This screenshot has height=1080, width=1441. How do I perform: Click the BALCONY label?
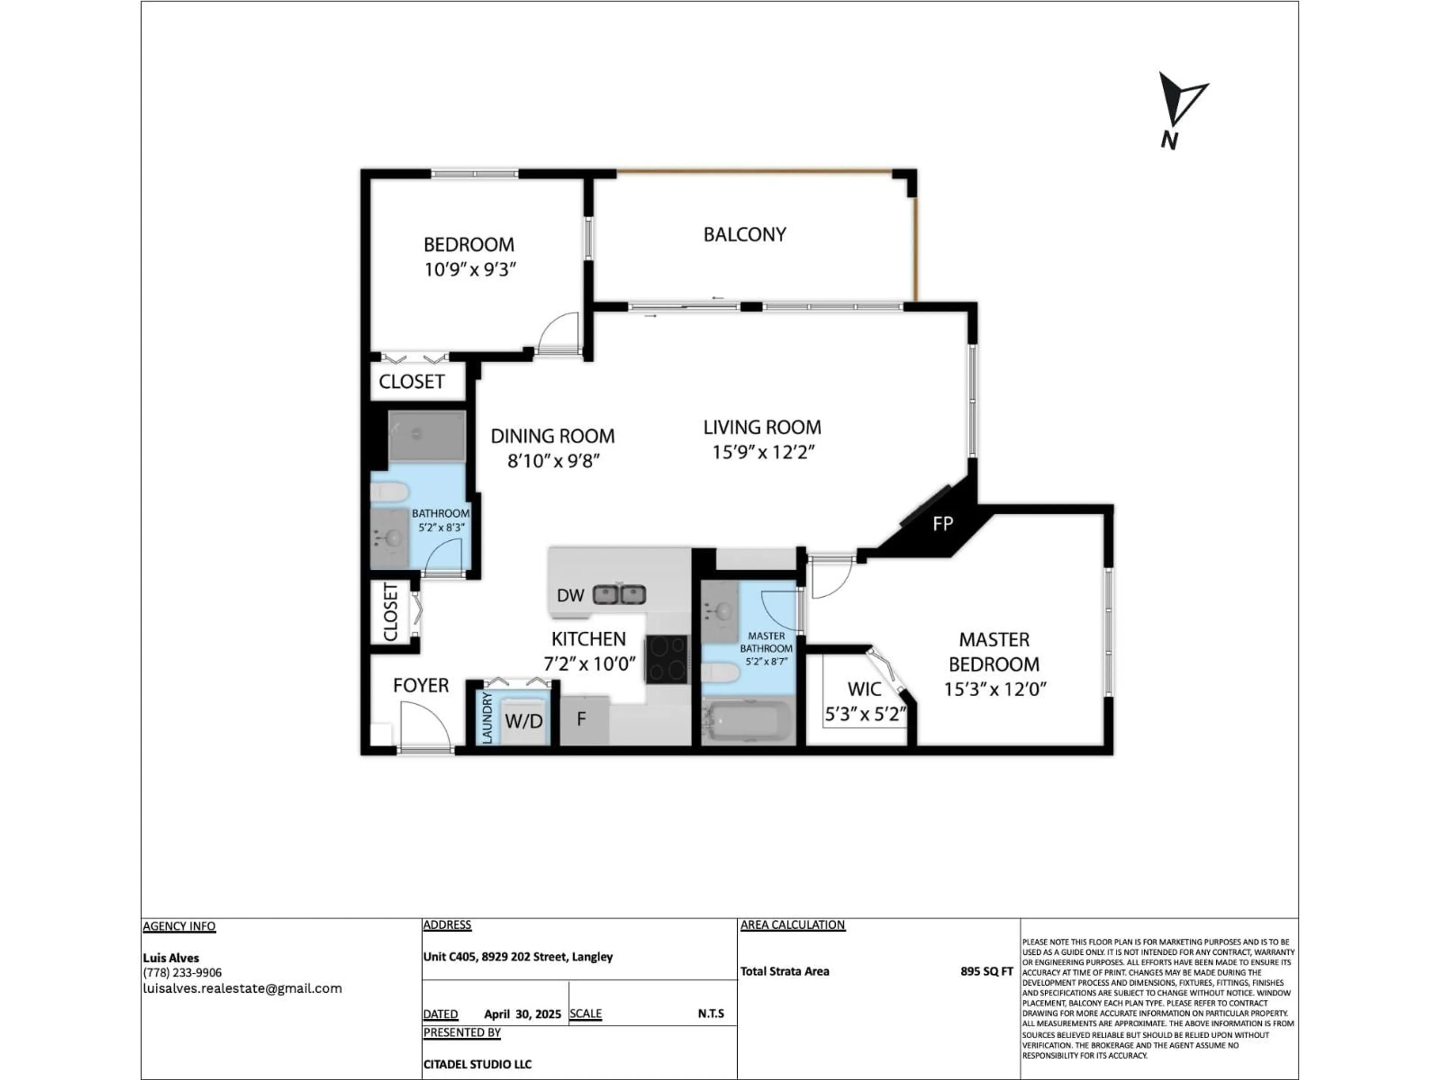pyautogui.click(x=745, y=234)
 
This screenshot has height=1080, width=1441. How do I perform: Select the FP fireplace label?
pyautogui.click(x=943, y=523)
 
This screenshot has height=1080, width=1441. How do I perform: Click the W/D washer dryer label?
pyautogui.click(x=524, y=721)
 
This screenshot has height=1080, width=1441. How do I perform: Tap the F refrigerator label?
pyautogui.click(x=582, y=719)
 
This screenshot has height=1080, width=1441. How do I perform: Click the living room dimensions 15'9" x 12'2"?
pyautogui.click(x=764, y=452)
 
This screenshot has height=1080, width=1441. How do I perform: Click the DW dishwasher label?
pyautogui.click(x=570, y=595)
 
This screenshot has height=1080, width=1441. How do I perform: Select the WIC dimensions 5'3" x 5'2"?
pyautogui.click(x=865, y=714)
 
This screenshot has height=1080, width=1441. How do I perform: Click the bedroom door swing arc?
pyautogui.click(x=558, y=332)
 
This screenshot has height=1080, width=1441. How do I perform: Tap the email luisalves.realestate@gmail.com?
pyautogui.click(x=242, y=988)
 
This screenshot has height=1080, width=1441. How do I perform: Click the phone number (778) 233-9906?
pyautogui.click(x=182, y=973)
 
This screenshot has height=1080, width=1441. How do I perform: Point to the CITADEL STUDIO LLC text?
pyautogui.click(x=477, y=1064)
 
